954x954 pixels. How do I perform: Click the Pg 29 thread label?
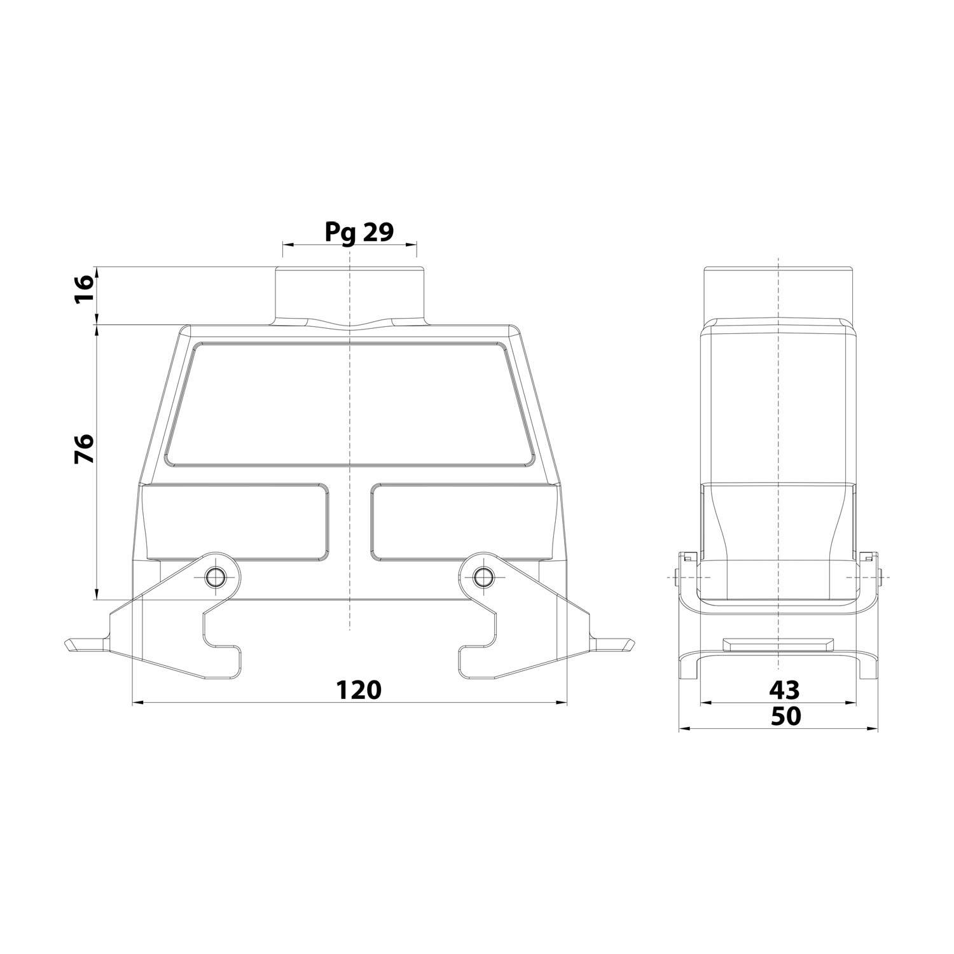click(359, 232)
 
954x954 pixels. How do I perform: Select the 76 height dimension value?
click(85, 448)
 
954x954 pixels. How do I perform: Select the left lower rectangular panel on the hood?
click(237, 523)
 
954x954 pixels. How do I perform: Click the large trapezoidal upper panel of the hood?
click(349, 404)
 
